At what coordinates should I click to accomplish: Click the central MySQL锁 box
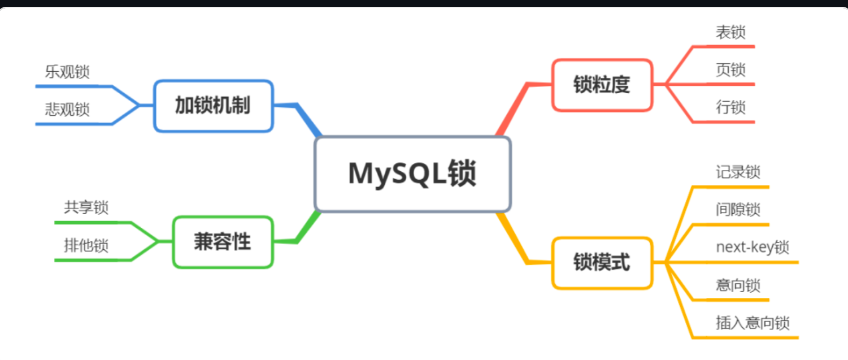412,174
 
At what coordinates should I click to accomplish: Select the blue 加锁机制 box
213,106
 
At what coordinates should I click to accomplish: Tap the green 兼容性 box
223,242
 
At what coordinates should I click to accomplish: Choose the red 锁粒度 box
602,85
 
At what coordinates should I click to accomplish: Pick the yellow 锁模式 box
602,263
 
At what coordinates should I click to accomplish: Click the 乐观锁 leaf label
67,72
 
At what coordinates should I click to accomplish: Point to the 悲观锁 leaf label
67,109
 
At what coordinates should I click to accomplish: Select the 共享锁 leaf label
86,208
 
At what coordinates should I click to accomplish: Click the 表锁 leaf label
730,32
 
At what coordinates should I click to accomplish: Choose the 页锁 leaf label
730,70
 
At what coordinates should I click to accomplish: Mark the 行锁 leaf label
730,107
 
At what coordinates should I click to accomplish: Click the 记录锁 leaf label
738,172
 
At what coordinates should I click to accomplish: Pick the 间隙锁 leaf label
738,210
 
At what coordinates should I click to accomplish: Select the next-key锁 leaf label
752,248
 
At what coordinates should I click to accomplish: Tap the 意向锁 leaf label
738,285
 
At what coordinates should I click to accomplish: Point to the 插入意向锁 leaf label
753,323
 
